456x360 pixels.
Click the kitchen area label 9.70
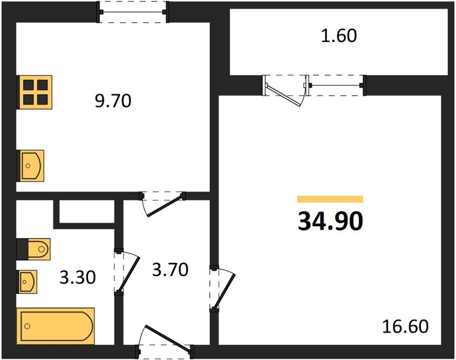point(113,101)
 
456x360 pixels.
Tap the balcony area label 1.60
point(339,37)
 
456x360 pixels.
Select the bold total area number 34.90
point(331,221)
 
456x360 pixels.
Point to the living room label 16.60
point(405,326)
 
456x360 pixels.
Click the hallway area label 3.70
point(170,269)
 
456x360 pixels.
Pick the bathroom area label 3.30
point(77,277)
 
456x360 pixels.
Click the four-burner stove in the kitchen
point(35,92)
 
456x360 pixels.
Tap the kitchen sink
point(30,166)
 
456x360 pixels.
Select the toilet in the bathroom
point(34,249)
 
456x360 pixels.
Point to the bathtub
point(56,326)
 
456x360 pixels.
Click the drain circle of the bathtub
point(28,326)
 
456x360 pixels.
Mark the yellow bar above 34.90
point(330,199)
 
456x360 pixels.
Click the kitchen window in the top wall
point(133,12)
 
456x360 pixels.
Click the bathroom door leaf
point(128,274)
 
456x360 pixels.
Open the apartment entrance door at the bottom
point(169,339)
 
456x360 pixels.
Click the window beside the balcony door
point(335,85)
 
